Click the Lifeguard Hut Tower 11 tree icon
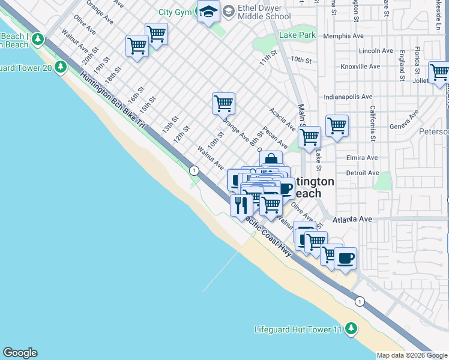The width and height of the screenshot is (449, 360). click(x=351, y=329)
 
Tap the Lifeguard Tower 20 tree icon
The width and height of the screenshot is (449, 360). click(x=60, y=67)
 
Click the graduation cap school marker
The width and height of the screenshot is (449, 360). click(x=208, y=12)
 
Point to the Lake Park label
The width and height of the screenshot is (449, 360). click(x=297, y=35)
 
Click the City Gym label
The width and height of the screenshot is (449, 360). click(x=174, y=12)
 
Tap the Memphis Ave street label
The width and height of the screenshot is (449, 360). click(x=343, y=36)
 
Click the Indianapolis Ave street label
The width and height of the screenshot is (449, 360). click(x=348, y=96)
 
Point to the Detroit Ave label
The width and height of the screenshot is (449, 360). click(x=363, y=173)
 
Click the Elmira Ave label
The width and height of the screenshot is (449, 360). click(x=363, y=158)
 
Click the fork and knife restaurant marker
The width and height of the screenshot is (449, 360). click(x=241, y=205)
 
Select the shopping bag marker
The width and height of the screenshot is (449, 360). click(x=271, y=160)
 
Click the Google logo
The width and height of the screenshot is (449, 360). click(x=20, y=353)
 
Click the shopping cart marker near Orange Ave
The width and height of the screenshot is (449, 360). click(x=223, y=103)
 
